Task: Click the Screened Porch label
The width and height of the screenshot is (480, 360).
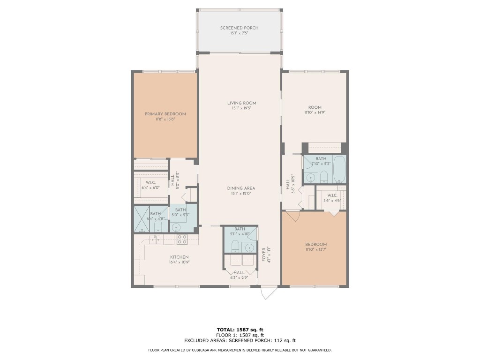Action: click(239, 28)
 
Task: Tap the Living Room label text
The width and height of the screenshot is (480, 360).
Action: click(241, 103)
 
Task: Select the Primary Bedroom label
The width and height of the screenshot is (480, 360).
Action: click(165, 114)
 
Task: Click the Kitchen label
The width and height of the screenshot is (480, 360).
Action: click(179, 257)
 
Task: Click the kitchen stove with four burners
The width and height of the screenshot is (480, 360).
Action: click(181, 239)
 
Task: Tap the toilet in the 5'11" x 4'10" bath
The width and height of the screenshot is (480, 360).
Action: click(235, 246)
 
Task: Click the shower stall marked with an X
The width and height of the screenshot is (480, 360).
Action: click(142, 219)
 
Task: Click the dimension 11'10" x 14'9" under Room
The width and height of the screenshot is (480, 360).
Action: click(314, 112)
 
